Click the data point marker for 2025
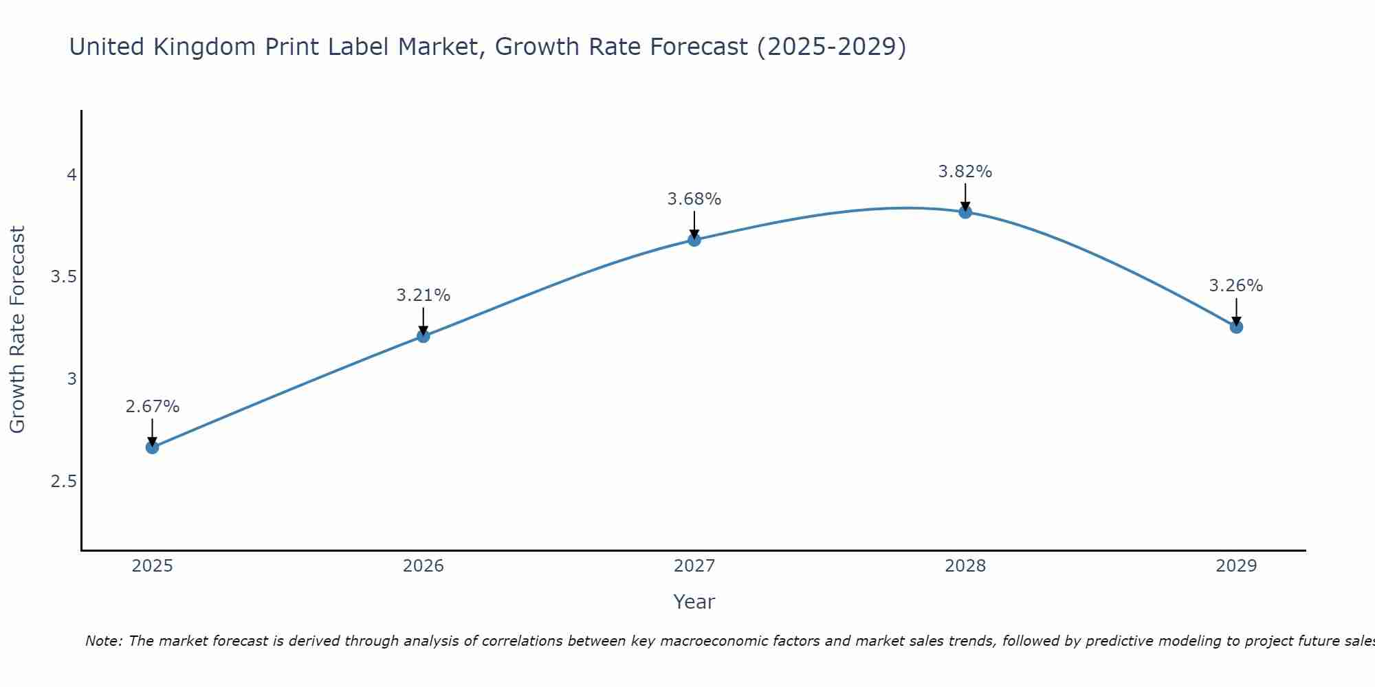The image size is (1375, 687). tap(152, 447)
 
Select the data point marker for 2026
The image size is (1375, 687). tap(423, 336)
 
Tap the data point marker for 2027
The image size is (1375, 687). tap(694, 240)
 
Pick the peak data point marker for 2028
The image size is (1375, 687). tap(965, 212)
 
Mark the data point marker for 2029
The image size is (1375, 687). tap(1236, 327)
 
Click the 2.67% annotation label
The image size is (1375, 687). tap(152, 407)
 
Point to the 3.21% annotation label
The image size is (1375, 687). tap(423, 295)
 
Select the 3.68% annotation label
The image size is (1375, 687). tap(694, 199)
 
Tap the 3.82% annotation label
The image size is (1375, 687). tap(965, 172)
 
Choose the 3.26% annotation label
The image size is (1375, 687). tap(1236, 286)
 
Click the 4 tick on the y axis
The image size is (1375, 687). tap(71, 175)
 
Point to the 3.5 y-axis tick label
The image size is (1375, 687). tap(64, 277)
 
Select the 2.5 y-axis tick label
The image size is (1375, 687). tap(64, 481)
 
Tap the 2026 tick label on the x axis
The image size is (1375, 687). tap(423, 566)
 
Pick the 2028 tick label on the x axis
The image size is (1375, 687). tap(965, 566)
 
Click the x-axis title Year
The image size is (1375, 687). tap(694, 602)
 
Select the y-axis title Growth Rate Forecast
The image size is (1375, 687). tap(18, 330)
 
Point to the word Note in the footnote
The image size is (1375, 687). tap(104, 641)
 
